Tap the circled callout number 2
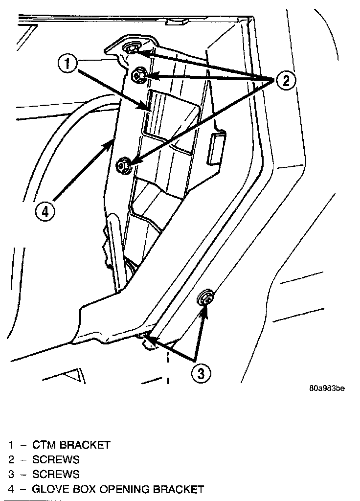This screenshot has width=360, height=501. [285, 80]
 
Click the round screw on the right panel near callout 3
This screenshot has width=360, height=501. [205, 298]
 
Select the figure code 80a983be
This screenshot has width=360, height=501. [327, 389]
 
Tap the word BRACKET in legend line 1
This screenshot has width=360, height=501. [86, 445]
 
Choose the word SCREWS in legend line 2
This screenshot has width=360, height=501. [56, 460]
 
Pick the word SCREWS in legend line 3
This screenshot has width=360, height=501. [56, 475]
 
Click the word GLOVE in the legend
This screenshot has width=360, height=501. [48, 489]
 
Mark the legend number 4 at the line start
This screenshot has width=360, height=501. [11, 489]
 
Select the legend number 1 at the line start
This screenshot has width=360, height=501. [11, 445]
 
